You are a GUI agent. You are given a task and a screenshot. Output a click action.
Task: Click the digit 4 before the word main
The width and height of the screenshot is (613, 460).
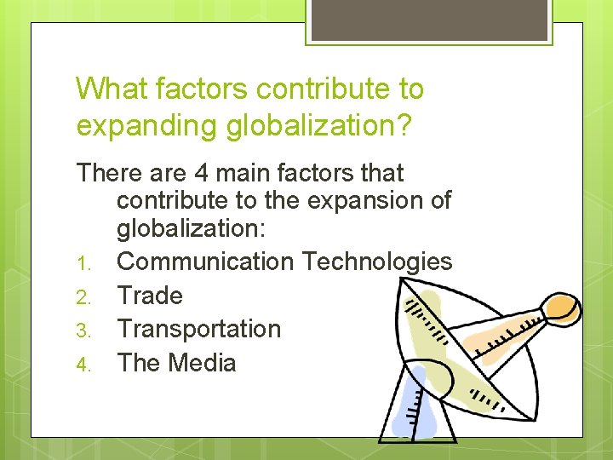click(x=202, y=173)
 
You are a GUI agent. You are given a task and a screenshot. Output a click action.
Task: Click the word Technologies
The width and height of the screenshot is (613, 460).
click(x=377, y=262)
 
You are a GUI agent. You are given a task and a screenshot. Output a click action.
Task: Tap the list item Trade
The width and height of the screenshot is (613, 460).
click(x=150, y=296)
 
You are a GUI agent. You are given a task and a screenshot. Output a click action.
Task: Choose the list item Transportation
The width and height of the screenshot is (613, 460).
click(x=198, y=329)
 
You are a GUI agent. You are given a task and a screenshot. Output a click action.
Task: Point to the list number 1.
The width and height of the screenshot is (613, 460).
click(x=83, y=263)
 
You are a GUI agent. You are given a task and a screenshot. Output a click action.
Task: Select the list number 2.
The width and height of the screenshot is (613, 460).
click(x=83, y=297)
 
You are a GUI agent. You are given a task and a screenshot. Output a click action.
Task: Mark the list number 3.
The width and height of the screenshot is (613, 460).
click(x=83, y=331)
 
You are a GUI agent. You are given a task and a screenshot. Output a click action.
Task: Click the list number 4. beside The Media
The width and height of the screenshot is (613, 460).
click(x=83, y=365)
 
